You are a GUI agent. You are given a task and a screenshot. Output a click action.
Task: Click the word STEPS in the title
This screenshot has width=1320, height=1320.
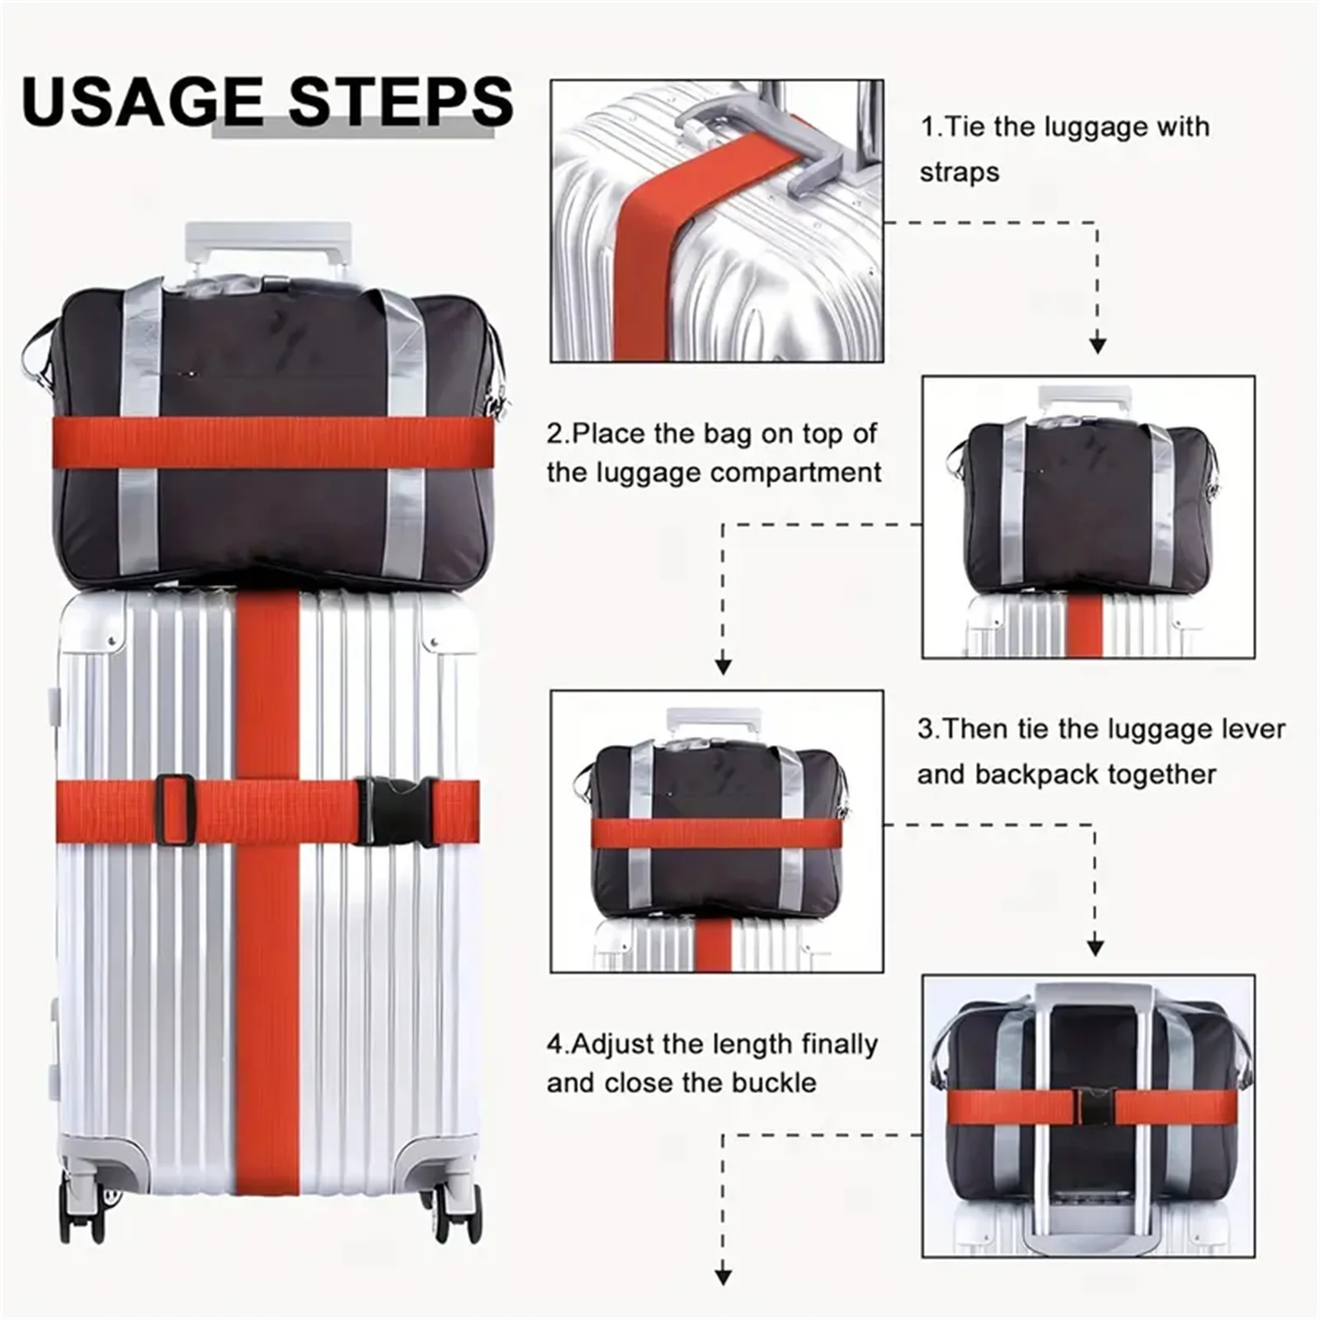coord(401,101)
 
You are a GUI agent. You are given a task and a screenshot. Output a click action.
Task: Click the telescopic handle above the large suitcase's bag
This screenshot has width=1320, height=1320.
coord(268,239)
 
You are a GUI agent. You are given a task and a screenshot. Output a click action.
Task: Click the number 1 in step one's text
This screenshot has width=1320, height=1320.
coord(927,127)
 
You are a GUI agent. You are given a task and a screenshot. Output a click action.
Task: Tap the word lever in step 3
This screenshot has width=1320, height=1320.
coord(1250,729)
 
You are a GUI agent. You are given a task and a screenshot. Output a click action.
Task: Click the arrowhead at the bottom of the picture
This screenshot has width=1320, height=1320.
coord(723,1275)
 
